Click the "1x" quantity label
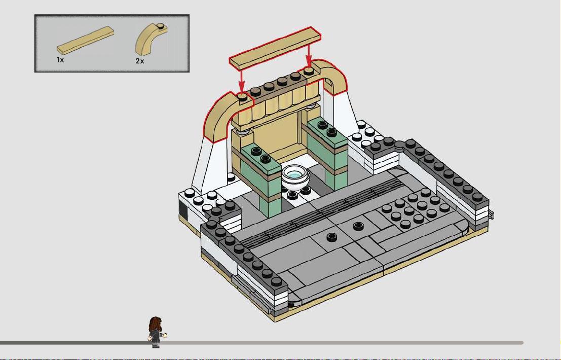tap(60, 60)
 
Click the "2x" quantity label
tap(139, 61)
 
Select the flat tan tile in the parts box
tap(86, 40)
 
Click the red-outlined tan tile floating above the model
tap(275, 48)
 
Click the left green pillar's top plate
tap(260, 156)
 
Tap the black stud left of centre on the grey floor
tap(332, 237)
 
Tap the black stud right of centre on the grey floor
tap(358, 226)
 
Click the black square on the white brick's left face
tap(183, 210)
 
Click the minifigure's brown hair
tap(156, 324)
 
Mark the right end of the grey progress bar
tap(522, 343)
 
